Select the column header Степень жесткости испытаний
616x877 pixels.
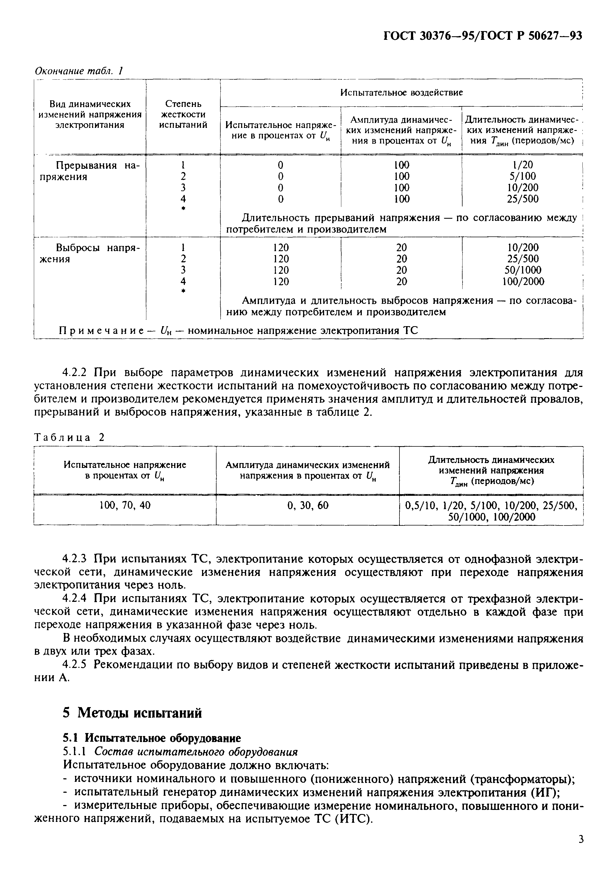183,114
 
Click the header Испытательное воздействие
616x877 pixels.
401,92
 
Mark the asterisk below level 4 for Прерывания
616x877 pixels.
183,209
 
